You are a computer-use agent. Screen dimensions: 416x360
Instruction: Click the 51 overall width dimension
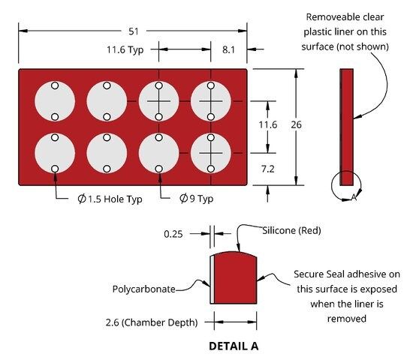134,31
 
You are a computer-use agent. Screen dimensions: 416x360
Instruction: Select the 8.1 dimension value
228,49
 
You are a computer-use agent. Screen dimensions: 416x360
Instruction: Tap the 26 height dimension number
296,124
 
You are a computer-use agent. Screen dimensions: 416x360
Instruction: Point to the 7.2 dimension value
267,169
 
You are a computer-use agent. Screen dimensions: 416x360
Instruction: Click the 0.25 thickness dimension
173,234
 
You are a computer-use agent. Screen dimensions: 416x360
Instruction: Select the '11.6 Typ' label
125,49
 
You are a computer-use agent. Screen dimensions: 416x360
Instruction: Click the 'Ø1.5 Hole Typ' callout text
110,199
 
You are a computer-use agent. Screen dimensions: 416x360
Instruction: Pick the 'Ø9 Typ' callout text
196,199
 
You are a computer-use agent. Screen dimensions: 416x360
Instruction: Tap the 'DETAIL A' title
234,346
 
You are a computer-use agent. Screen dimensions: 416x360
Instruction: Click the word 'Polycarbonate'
143,289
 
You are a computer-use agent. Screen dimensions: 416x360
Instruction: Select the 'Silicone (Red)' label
291,230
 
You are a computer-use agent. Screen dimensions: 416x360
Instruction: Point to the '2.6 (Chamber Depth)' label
152,322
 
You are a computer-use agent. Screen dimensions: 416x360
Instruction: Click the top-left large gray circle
55,101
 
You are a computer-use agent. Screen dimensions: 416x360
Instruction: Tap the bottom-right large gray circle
211,153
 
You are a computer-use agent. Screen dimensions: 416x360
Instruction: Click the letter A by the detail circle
354,197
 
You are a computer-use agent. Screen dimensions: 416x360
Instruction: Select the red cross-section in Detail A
235,277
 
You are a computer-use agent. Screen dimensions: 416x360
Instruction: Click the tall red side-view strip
346,127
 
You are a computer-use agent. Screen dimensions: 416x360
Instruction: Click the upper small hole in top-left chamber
55,85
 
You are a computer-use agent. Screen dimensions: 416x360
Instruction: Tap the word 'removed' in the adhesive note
346,319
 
